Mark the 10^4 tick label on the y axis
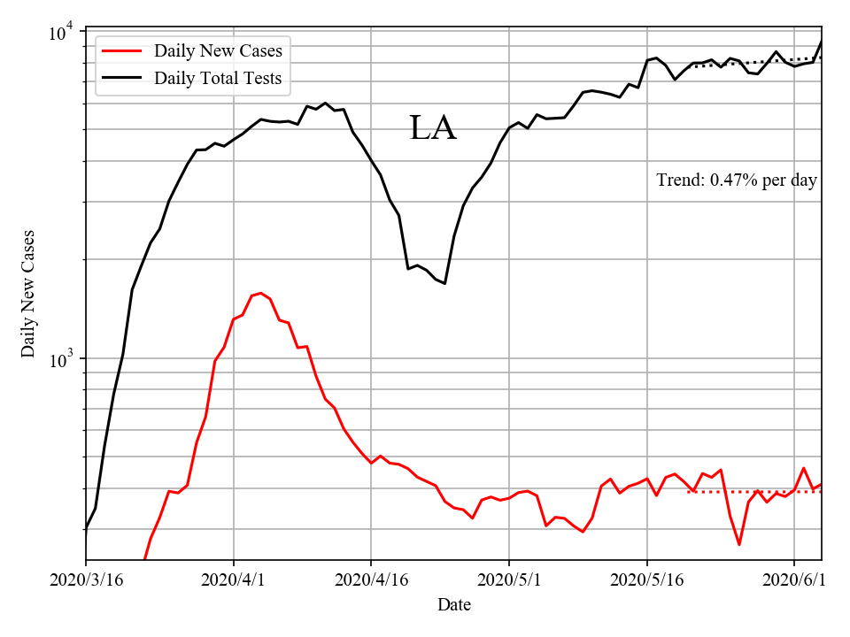click(x=63, y=33)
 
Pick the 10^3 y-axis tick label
click(x=63, y=360)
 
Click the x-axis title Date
click(x=454, y=605)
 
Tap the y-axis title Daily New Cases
click(x=28, y=294)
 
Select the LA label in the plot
click(x=432, y=129)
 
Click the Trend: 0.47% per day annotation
click(x=737, y=180)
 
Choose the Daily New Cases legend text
click(x=218, y=51)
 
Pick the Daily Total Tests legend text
click(x=218, y=79)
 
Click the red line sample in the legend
click(x=122, y=51)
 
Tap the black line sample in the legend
click(x=122, y=79)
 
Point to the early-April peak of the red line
click(x=260, y=293)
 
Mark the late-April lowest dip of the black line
click(x=444, y=283)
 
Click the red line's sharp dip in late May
click(x=738, y=544)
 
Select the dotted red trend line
click(x=753, y=491)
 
